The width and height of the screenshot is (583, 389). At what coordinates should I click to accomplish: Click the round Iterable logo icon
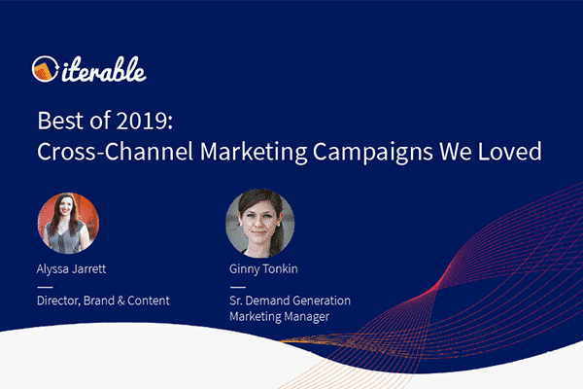pyautogui.click(x=45, y=69)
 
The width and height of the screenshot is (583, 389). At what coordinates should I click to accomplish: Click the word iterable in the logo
pyautogui.click(x=104, y=70)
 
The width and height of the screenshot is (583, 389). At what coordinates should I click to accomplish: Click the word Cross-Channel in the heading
pyautogui.click(x=116, y=151)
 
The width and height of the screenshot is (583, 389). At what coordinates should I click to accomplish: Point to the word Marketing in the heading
pyautogui.click(x=254, y=152)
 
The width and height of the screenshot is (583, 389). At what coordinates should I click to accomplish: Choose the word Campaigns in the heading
pyautogui.click(x=373, y=152)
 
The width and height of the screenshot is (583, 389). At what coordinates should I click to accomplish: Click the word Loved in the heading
pyautogui.click(x=510, y=151)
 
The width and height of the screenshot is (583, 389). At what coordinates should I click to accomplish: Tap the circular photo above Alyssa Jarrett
pyautogui.click(x=68, y=224)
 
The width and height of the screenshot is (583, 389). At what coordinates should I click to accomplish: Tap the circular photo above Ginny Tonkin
pyautogui.click(x=260, y=224)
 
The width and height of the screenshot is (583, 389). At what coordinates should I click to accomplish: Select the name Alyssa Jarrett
pyautogui.click(x=71, y=269)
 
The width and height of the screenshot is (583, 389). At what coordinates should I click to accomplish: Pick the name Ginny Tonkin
pyautogui.click(x=263, y=269)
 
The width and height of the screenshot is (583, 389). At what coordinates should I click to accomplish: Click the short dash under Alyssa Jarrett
pyautogui.click(x=45, y=287)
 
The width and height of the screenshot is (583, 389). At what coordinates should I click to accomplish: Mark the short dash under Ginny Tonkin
pyautogui.click(x=238, y=287)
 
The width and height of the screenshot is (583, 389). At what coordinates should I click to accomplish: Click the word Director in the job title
pyautogui.click(x=58, y=301)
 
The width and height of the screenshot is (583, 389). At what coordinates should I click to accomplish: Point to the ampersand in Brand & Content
pyautogui.click(x=121, y=301)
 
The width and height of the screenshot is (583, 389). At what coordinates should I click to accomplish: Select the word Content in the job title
pyautogui.click(x=149, y=301)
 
